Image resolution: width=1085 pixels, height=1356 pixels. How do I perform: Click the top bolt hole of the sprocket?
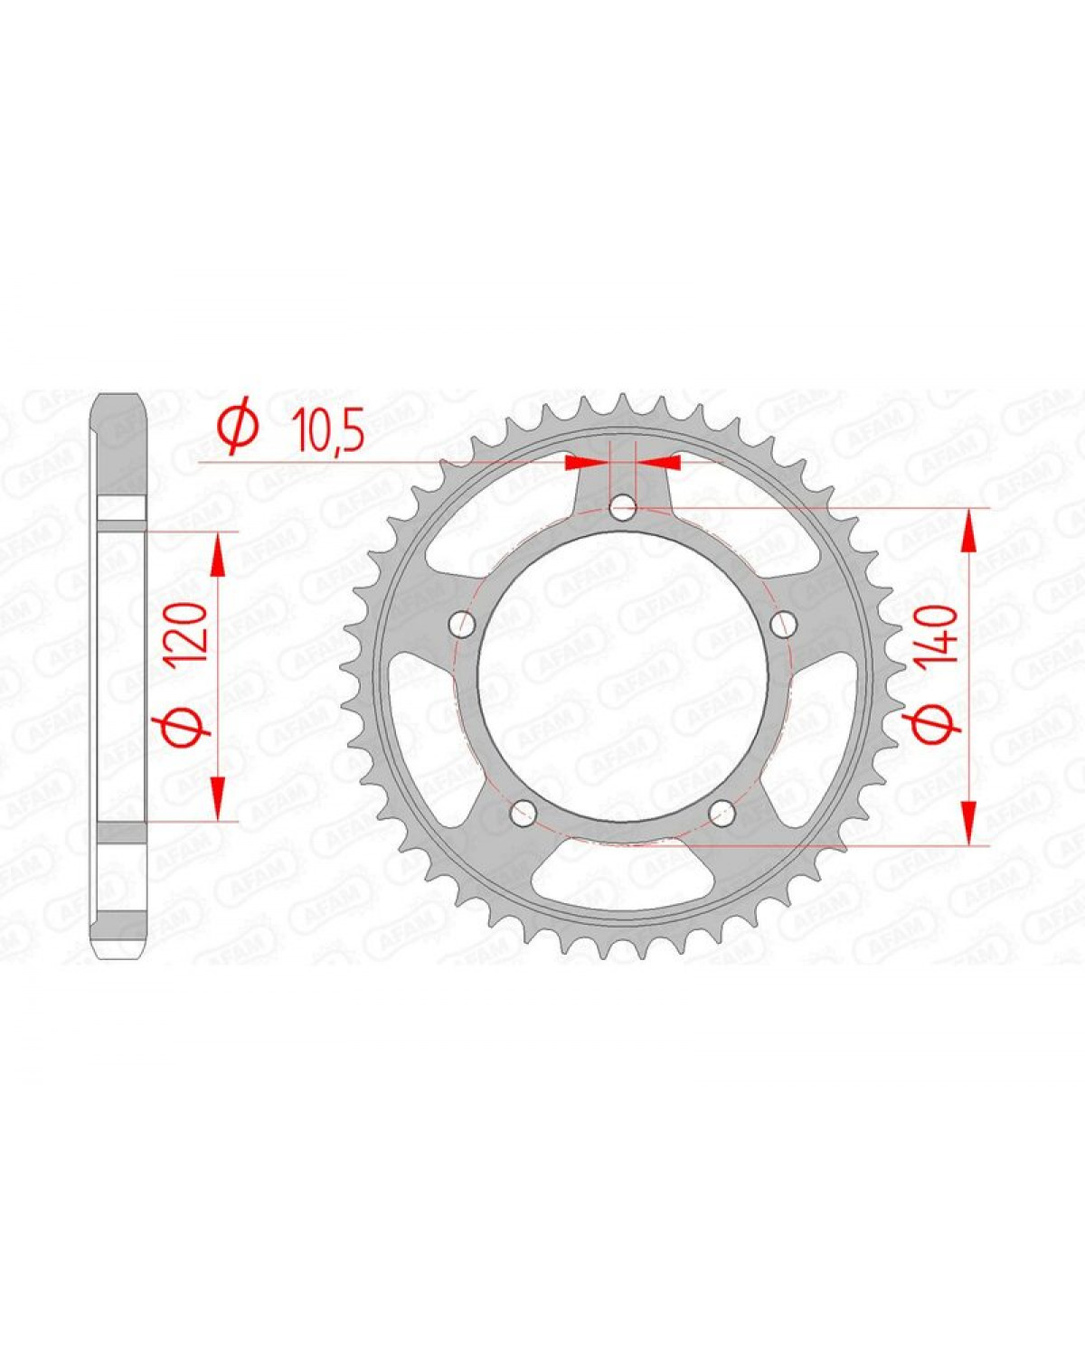pos(623,506)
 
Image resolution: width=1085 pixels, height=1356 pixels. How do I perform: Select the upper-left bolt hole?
pos(460,624)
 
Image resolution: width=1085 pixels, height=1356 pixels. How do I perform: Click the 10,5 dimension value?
pos(328,430)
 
